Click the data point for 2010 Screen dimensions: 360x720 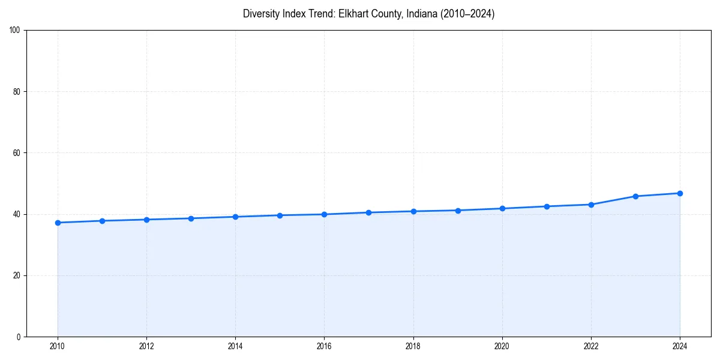pos(58,223)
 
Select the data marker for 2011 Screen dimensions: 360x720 pos(102,221)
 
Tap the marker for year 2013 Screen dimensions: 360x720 pos(191,218)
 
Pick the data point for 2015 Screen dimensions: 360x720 pos(280,215)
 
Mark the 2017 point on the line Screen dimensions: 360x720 pos(368,212)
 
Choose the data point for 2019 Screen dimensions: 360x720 pos(458,211)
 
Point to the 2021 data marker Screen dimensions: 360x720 pos(547,206)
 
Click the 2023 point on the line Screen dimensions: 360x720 pos(635,196)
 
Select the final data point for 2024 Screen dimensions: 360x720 pos(680,193)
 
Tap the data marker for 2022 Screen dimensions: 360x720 pos(591,205)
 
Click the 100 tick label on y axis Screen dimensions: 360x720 pos(15,31)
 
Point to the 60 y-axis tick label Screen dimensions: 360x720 pos(17,153)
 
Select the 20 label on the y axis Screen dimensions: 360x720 pos(17,275)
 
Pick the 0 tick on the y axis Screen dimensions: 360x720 pos(19,337)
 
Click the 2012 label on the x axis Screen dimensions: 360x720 pos(146,346)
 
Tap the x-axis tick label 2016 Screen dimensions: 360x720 pos(324,346)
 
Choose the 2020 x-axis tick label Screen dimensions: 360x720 pos(502,346)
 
